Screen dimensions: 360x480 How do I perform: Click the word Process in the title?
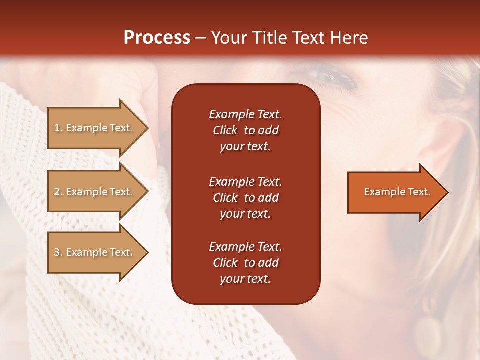[x=157, y=38]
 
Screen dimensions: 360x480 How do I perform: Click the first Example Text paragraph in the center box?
[x=245, y=130]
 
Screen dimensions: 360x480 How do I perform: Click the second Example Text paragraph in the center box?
[x=245, y=197]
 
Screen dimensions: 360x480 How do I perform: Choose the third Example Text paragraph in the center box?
[x=245, y=263]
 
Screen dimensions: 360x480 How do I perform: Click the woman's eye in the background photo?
[x=330, y=78]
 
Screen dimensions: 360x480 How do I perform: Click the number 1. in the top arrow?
[x=58, y=128]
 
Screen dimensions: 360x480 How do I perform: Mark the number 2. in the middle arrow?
[x=58, y=192]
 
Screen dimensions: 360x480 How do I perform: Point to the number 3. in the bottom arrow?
[x=58, y=252]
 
